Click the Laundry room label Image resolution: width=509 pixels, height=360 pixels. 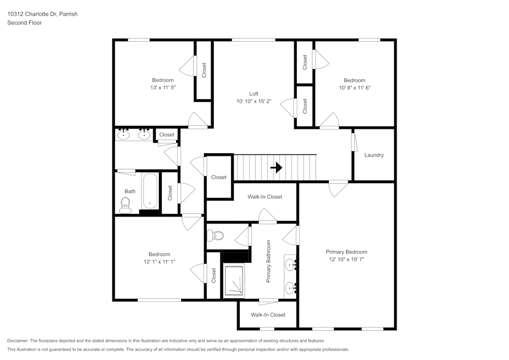coord(374,155)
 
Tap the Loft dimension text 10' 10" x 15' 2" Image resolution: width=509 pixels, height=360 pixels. coord(254,101)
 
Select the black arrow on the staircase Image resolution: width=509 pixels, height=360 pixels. coord(276,168)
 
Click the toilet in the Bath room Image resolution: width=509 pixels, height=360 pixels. coord(126,206)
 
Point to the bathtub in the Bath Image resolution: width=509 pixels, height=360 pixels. coord(150,191)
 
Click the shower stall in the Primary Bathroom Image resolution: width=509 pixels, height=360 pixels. coord(234,281)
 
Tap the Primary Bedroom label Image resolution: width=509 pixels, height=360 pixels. coord(346,252)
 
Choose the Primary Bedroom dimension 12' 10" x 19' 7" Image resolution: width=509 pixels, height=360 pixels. coord(346,259)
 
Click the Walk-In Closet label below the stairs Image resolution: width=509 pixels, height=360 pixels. coord(265,197)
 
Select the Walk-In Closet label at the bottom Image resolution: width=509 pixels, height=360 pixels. coord(268,315)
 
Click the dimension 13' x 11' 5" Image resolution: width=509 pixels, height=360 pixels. coord(163,88)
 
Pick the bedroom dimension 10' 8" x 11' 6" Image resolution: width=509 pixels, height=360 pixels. coord(355,88)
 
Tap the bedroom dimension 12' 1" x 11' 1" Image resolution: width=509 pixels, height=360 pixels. coord(159,262)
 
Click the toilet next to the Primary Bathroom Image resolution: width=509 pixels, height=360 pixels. coord(215,235)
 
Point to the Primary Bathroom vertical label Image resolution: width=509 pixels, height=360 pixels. coord(268,261)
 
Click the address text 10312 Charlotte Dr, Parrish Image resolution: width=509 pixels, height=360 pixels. coord(43,14)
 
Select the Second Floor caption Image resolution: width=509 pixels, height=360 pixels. coord(24,23)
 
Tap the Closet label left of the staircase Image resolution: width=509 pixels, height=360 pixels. coord(219,177)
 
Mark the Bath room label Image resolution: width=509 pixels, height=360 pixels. coord(130,191)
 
